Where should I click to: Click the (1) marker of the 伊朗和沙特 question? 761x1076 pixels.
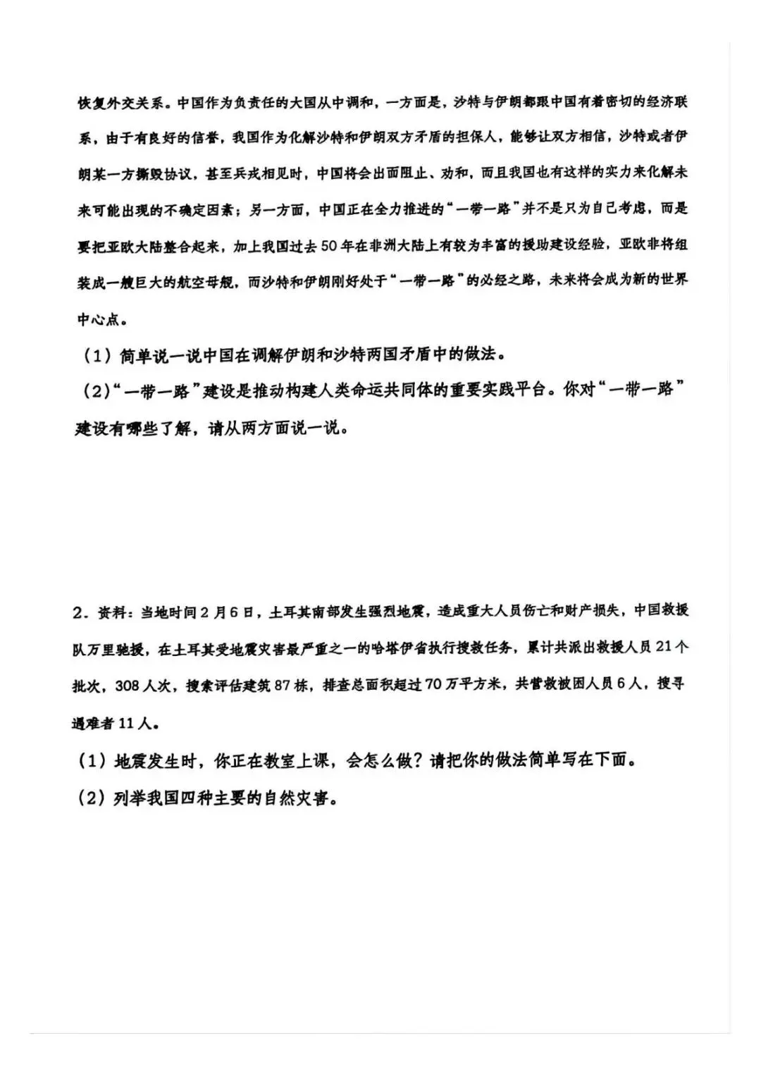(98, 356)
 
